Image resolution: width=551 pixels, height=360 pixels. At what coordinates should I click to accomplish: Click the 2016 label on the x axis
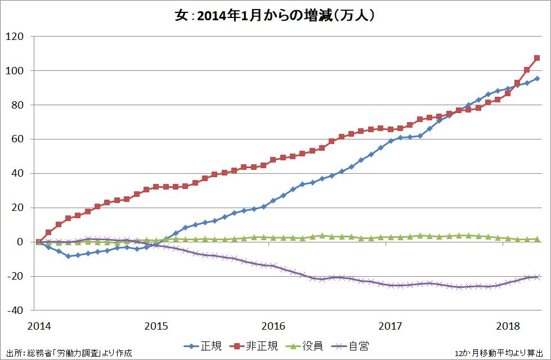click(273, 326)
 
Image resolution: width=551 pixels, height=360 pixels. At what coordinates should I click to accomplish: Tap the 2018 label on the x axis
click(508, 326)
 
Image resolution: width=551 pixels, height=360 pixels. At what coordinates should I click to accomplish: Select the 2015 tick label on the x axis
click(156, 326)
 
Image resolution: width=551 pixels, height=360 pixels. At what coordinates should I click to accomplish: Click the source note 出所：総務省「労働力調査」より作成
click(67, 353)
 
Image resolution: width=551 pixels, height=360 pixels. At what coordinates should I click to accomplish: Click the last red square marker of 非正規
click(537, 58)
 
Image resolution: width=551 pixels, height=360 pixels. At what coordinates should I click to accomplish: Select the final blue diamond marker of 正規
click(537, 78)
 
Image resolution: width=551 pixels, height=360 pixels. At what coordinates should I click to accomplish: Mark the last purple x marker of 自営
click(537, 277)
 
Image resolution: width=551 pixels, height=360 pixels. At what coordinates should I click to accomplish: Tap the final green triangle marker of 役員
click(537, 239)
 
